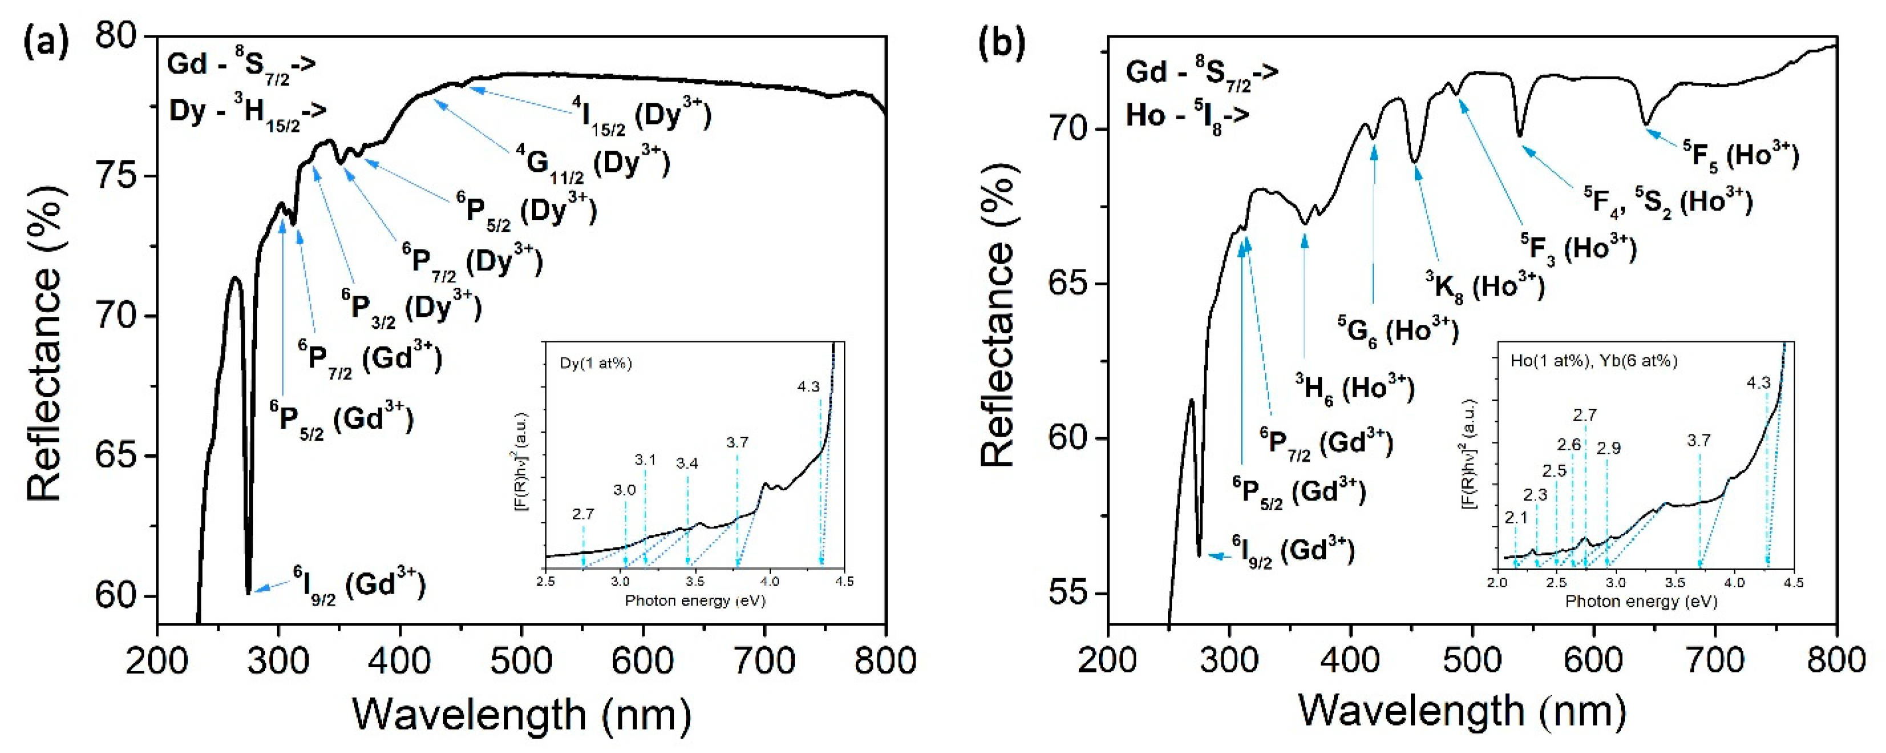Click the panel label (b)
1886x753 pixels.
point(1001,42)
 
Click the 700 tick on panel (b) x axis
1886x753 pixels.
point(1715,660)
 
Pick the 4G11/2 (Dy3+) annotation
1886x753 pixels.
point(592,163)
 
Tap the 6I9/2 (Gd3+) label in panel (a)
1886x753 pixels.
point(359,585)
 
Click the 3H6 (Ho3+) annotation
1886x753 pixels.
point(1355,388)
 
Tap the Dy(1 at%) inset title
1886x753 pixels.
point(595,363)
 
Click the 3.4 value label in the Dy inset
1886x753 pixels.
point(686,463)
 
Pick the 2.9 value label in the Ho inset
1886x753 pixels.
point(1609,448)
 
